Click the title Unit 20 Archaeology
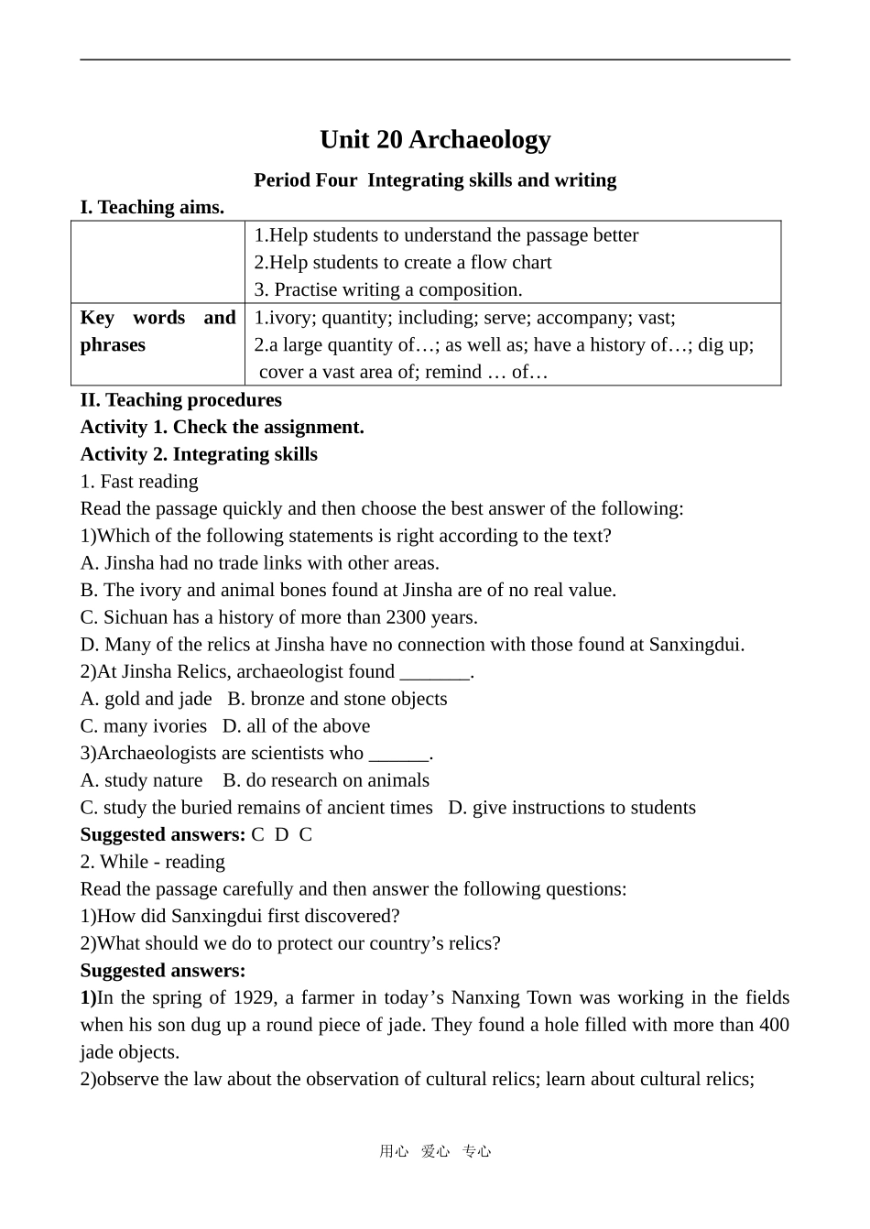click(x=435, y=139)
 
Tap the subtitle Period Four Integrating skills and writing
click(x=435, y=179)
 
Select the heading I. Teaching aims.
click(x=152, y=207)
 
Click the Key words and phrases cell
click(x=158, y=332)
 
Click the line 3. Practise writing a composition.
click(x=388, y=289)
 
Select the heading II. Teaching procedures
click(x=181, y=399)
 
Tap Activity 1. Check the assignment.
click(x=223, y=427)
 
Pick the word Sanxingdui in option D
click(x=695, y=644)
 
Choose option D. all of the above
click(x=297, y=726)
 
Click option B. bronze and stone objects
click(x=338, y=699)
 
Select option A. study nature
click(x=142, y=780)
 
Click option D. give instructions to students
click(x=572, y=808)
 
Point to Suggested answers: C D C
click(x=196, y=834)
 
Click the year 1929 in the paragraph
click(x=253, y=997)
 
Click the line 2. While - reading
click(x=153, y=862)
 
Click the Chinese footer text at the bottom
click(x=435, y=1151)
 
